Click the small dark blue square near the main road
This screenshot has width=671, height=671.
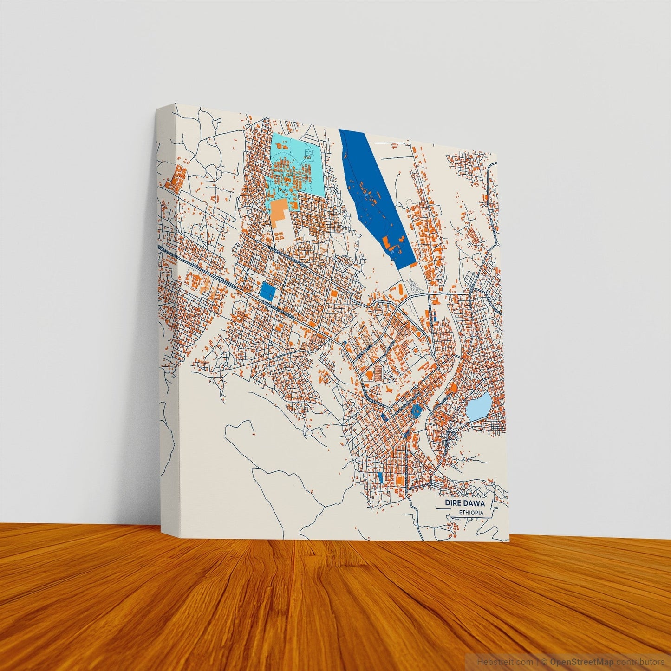(x=267, y=291)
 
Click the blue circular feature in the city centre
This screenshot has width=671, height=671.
(x=417, y=410)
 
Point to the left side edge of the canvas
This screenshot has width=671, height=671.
(x=166, y=325)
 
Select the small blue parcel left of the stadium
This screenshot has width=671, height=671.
(x=381, y=477)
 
